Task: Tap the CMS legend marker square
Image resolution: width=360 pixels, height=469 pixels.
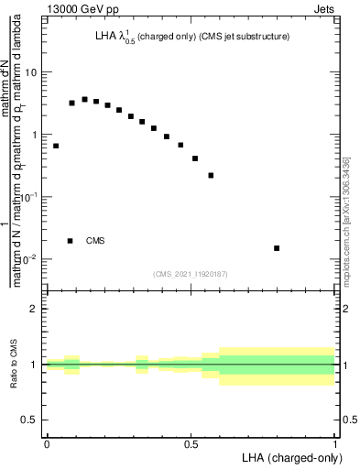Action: click(71, 241)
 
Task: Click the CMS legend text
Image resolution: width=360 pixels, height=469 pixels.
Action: click(95, 241)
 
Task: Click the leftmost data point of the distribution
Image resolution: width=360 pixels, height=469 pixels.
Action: click(56, 146)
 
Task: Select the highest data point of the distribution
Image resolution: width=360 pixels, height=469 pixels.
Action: click(84, 99)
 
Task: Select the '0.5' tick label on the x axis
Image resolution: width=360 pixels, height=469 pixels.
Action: click(191, 443)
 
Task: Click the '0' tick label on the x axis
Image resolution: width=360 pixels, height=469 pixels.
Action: click(47, 443)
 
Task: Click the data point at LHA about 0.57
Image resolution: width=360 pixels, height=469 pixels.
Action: click(211, 175)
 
